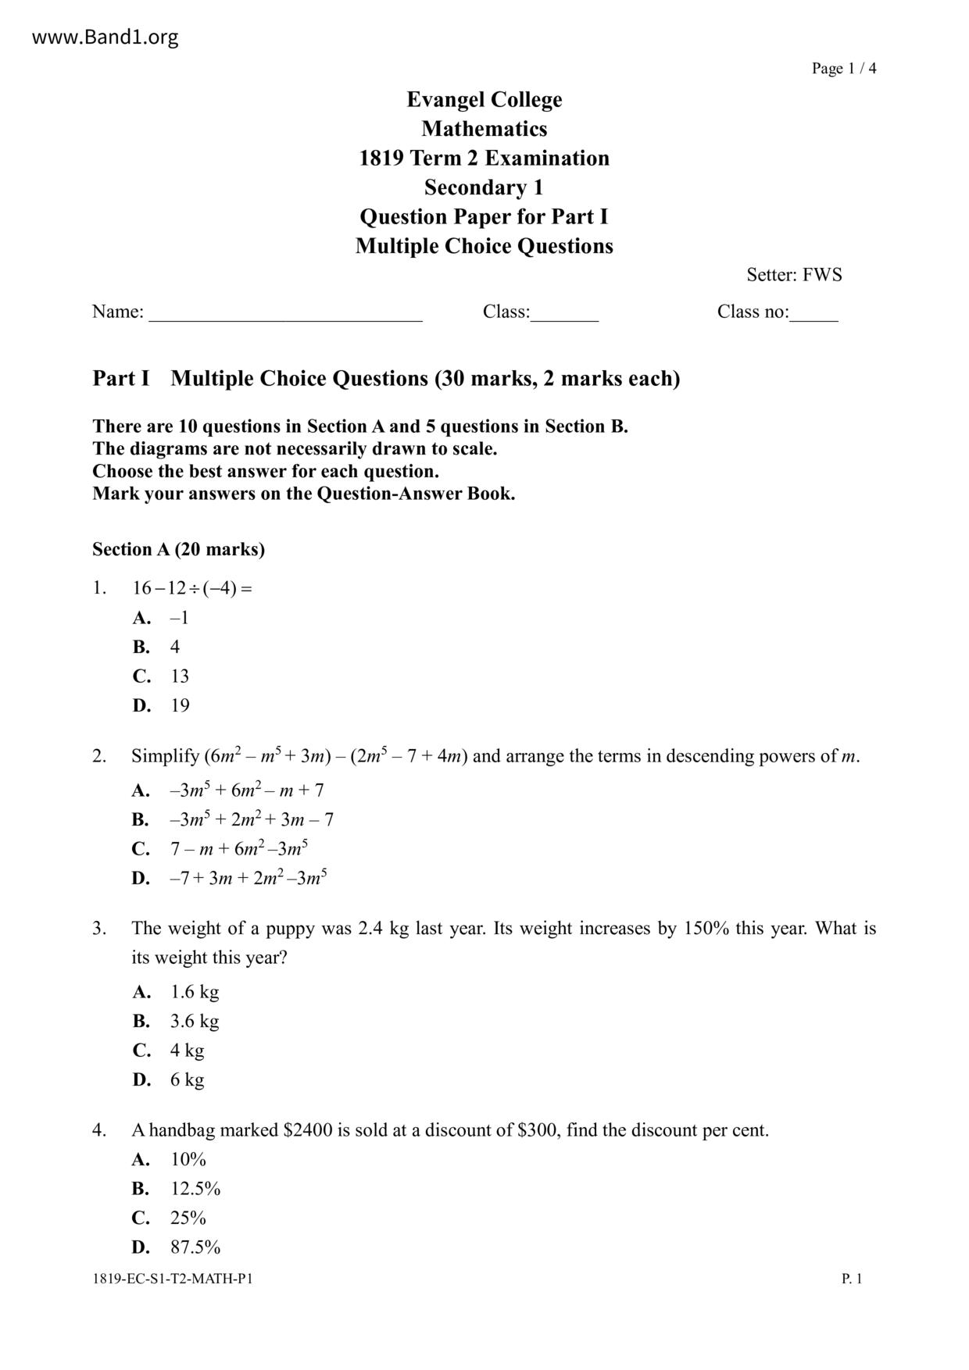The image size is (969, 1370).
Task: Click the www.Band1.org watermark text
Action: click(105, 37)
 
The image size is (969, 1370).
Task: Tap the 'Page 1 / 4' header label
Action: click(843, 69)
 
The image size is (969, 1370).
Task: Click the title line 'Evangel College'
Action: click(484, 100)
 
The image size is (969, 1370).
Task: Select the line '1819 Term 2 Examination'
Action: click(484, 159)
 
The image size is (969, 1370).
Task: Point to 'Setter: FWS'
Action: click(793, 275)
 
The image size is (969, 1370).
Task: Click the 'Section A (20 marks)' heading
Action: click(178, 550)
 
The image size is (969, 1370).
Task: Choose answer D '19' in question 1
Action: click(180, 706)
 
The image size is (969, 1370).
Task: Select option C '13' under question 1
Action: click(180, 676)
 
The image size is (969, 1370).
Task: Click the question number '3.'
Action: click(99, 929)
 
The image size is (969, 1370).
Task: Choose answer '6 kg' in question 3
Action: click(187, 1080)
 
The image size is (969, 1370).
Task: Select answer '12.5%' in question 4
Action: click(195, 1190)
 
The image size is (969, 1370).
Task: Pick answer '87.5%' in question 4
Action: click(195, 1248)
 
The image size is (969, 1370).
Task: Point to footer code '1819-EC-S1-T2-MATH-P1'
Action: click(172, 1279)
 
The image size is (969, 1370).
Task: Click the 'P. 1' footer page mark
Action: click(851, 1279)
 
